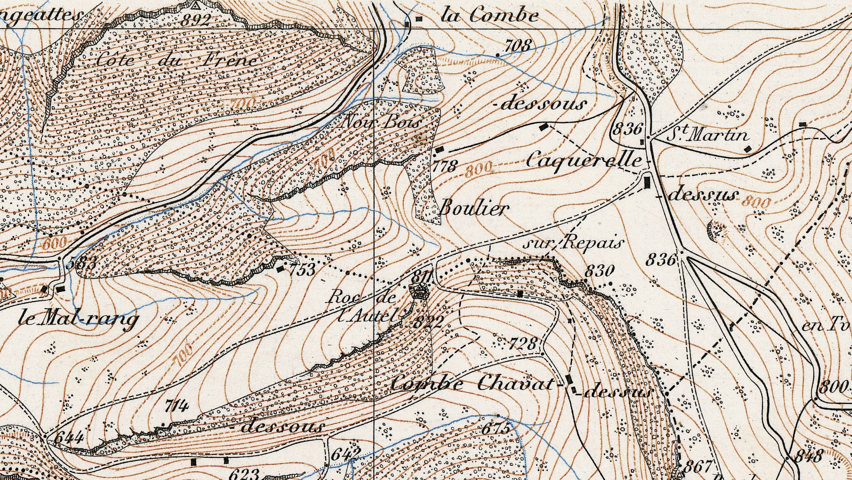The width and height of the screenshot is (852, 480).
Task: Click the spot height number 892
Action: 197,20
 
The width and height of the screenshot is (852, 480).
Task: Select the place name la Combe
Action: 489,17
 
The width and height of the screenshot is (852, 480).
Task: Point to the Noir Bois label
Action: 381,123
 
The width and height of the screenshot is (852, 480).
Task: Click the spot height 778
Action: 445,166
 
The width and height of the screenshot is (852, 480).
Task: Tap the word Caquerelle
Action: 584,161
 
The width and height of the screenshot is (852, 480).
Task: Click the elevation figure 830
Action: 600,271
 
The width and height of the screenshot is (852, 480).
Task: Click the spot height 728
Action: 523,344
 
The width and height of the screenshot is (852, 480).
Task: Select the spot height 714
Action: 177,407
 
